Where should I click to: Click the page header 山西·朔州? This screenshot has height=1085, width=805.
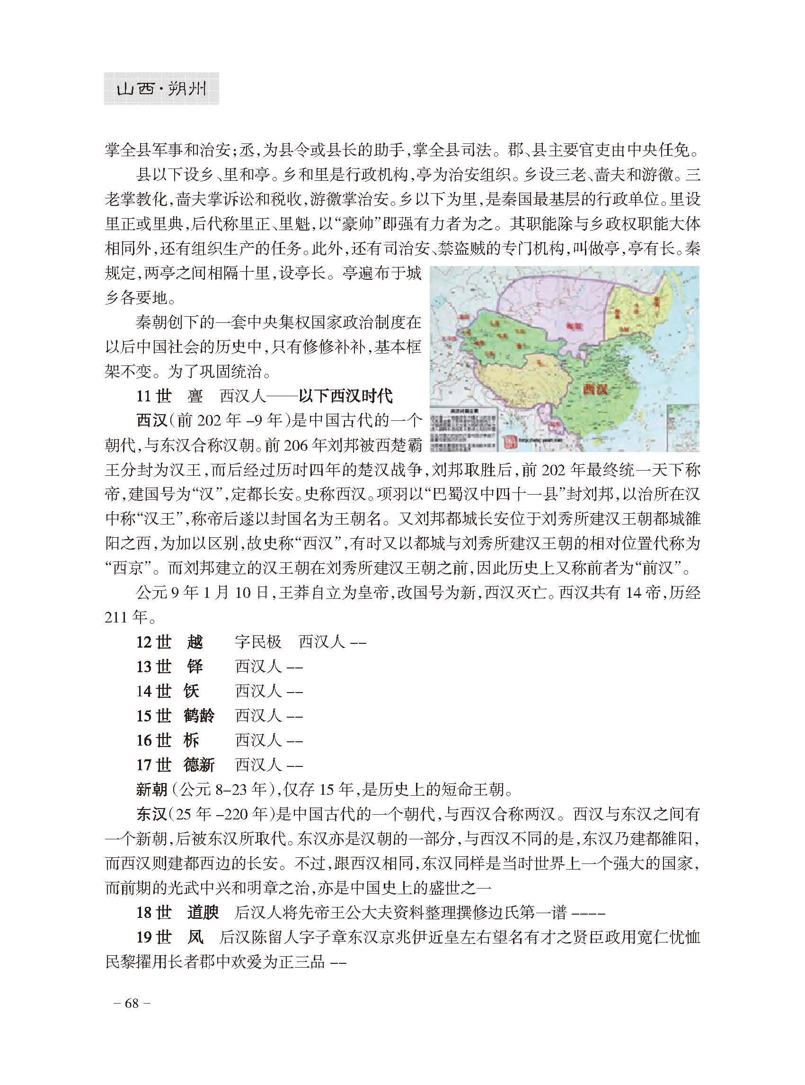161,89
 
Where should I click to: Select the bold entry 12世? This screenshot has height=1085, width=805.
153,642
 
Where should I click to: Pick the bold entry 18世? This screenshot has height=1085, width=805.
153,912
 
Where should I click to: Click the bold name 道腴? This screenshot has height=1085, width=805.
202,912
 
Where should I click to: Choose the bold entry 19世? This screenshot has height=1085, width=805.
153,937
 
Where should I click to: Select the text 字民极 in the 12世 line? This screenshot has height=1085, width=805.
258,642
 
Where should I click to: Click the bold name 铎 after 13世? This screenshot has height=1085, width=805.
195,667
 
